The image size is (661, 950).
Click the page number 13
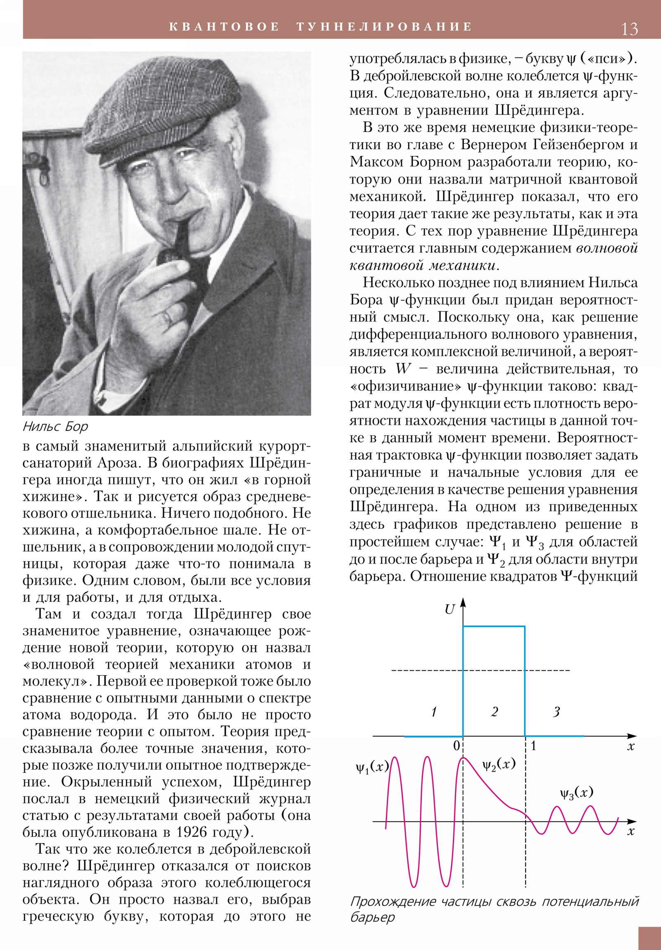(x=629, y=29)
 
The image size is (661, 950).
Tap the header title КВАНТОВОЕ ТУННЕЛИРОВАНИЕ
(x=321, y=27)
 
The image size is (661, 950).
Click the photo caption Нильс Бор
(x=55, y=426)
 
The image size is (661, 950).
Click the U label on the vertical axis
(x=449, y=609)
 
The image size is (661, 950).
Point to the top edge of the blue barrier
(x=494, y=627)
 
